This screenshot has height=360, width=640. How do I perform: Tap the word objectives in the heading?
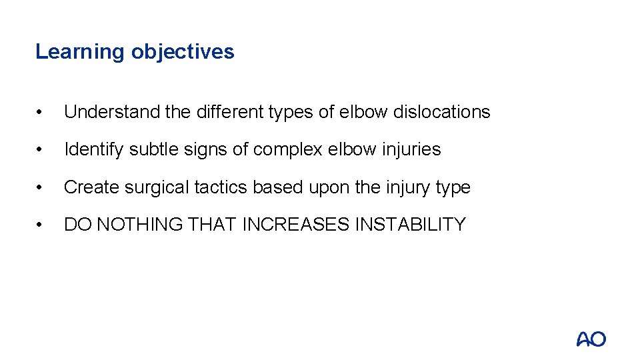183,52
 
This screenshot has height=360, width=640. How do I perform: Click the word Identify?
94,149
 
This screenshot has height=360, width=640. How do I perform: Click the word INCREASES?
295,225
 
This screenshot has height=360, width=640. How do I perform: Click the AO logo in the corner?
591,339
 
